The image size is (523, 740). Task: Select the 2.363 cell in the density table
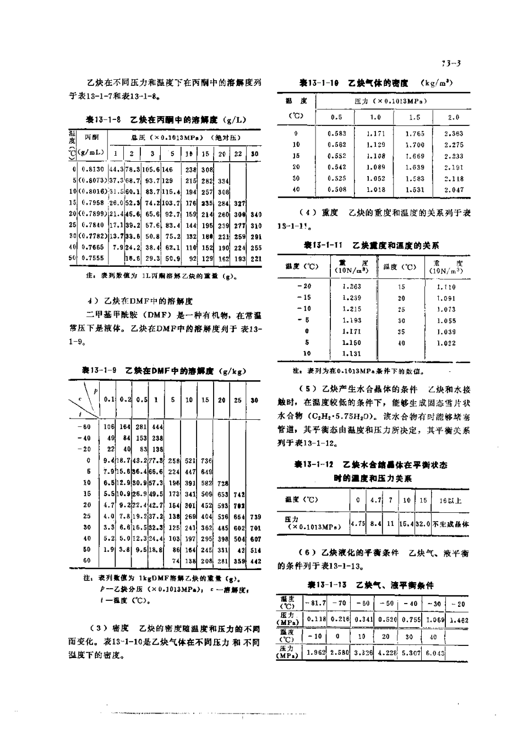click(453, 134)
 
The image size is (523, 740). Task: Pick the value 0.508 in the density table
click(337, 190)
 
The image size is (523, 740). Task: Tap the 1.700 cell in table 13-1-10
click(415, 145)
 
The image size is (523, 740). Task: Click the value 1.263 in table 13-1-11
click(351, 287)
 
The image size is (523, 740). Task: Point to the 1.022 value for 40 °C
click(446, 343)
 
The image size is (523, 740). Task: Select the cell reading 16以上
click(450, 500)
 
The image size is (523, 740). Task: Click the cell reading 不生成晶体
click(450, 524)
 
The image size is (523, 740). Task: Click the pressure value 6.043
click(433, 653)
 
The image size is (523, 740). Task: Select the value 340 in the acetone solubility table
click(255, 215)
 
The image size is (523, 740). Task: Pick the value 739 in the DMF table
click(255, 517)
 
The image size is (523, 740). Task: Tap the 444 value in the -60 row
click(157, 426)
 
